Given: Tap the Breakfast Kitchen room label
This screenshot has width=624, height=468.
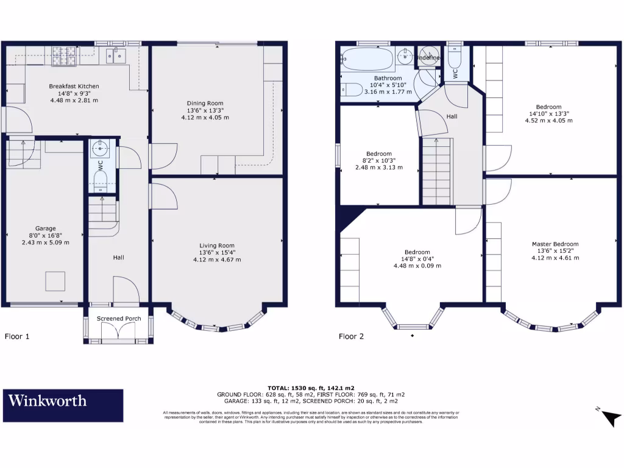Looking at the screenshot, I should pyautogui.click(x=74, y=87).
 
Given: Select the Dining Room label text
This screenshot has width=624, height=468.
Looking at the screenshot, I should pyautogui.click(x=205, y=104).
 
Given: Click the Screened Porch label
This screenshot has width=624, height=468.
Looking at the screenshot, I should pyautogui.click(x=119, y=319).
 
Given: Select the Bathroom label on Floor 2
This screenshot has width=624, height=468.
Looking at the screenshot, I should pyautogui.click(x=388, y=79).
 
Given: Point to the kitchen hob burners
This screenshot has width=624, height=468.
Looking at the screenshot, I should pyautogui.click(x=65, y=55).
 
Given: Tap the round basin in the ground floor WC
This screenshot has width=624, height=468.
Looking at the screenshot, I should pyautogui.click(x=98, y=147).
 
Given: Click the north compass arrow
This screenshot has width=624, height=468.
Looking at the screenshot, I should pyautogui.click(x=610, y=417).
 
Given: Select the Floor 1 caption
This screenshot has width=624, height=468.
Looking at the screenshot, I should pyautogui.click(x=17, y=336).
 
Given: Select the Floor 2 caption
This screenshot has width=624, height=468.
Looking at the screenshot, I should pyautogui.click(x=351, y=336).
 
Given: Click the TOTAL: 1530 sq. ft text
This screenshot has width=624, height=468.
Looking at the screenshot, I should pyautogui.click(x=311, y=388).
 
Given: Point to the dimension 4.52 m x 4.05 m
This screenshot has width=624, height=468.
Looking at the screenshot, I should pyautogui.click(x=548, y=120).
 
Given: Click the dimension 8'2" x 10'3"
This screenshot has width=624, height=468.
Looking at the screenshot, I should pyautogui.click(x=379, y=160).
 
